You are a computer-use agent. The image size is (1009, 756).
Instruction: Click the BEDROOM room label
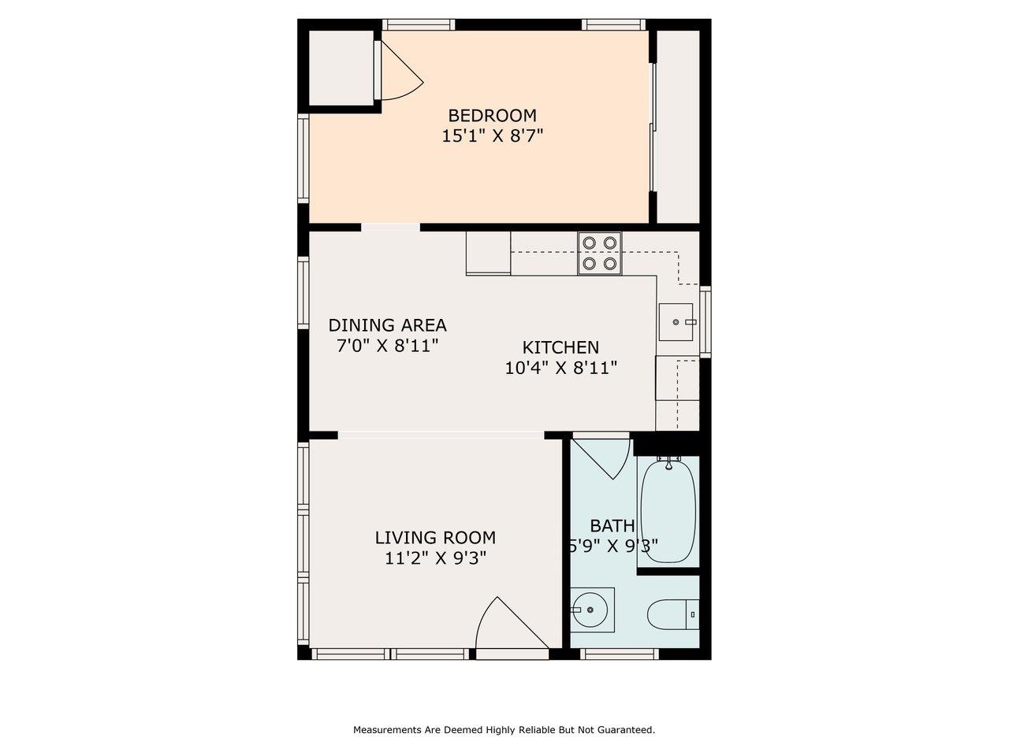tap(492, 115)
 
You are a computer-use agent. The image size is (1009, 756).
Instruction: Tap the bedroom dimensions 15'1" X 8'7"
tap(492, 136)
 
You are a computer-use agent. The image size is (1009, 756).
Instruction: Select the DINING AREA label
tap(387, 325)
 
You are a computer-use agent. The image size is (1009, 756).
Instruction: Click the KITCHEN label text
tap(560, 347)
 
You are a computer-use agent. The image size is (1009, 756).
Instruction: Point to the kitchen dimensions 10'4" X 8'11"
tap(560, 368)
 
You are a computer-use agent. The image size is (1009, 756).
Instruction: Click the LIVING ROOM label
tap(435, 538)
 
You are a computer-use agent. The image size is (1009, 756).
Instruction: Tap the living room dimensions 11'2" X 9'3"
tap(435, 558)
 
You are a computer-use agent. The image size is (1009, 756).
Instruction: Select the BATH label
tap(612, 526)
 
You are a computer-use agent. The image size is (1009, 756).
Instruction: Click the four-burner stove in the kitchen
tap(599, 253)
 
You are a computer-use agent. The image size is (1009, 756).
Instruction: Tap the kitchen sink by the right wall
tap(676, 322)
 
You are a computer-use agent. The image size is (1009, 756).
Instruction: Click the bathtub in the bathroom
tap(668, 510)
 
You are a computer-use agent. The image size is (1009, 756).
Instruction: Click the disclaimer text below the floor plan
tap(504, 730)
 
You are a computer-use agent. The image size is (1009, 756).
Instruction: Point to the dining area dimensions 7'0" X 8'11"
tap(387, 346)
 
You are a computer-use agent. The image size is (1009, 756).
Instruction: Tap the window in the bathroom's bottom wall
tap(619, 654)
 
